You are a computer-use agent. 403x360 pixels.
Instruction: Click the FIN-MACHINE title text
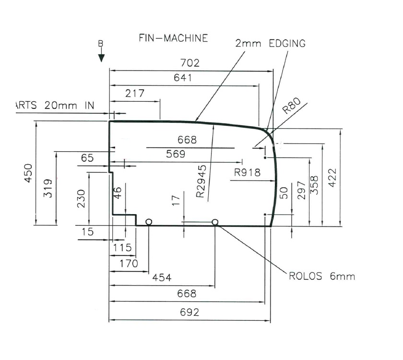[173, 38]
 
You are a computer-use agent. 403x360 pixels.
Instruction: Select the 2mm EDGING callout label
[270, 43]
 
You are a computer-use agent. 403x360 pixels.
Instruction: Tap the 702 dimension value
[190, 63]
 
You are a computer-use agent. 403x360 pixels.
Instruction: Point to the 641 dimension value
[182, 78]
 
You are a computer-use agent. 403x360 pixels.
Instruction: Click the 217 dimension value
[135, 94]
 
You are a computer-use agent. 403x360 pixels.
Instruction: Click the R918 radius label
[247, 172]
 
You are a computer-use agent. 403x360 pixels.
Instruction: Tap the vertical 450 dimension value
[28, 173]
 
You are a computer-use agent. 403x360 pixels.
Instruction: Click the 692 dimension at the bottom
[190, 312]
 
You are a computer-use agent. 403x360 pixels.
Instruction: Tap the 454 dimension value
[162, 278]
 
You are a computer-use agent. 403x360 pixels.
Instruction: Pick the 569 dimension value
[176, 155]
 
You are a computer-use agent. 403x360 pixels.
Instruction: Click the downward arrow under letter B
[101, 57]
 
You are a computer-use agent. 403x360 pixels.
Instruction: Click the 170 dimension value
[128, 264]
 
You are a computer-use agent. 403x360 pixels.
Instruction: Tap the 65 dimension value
[88, 158]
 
